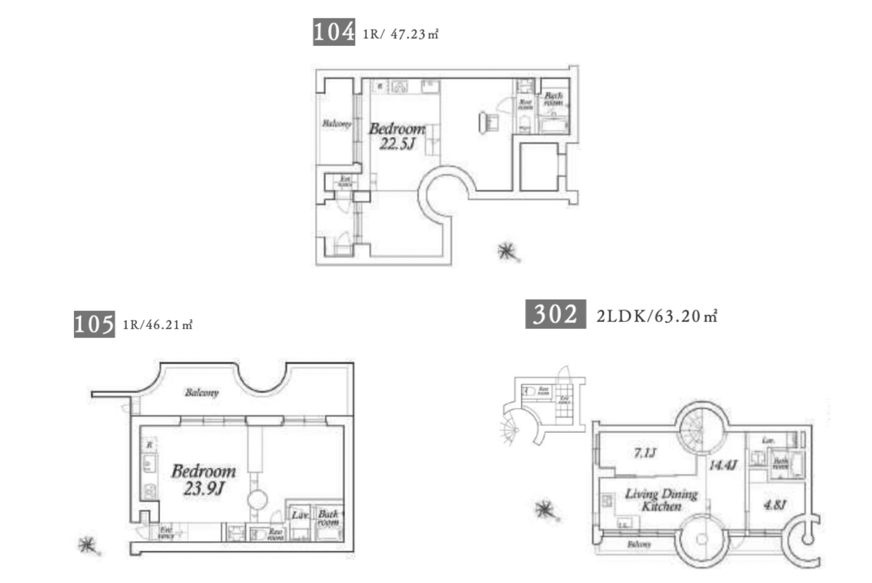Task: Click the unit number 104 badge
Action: tap(334, 32)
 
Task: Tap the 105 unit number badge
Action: tap(94, 324)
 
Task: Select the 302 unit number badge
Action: tap(555, 314)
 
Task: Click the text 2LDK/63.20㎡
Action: tap(657, 316)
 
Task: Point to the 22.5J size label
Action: tap(397, 144)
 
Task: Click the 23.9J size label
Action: tap(204, 488)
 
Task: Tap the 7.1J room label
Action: tap(645, 453)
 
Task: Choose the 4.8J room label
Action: tap(775, 505)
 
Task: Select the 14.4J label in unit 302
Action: tap(723, 465)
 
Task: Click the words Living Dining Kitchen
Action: tap(661, 500)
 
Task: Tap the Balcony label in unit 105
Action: tap(202, 393)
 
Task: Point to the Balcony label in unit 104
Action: tap(336, 123)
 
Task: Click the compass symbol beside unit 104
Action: tap(507, 251)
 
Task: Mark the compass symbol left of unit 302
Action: tap(545, 510)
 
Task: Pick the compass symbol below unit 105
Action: tap(87, 545)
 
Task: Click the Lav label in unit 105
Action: tap(299, 515)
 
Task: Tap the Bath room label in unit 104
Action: tap(553, 98)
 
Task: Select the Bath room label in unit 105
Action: tap(328, 518)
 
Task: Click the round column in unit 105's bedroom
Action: tap(257, 499)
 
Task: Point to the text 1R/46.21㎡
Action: tap(157, 325)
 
